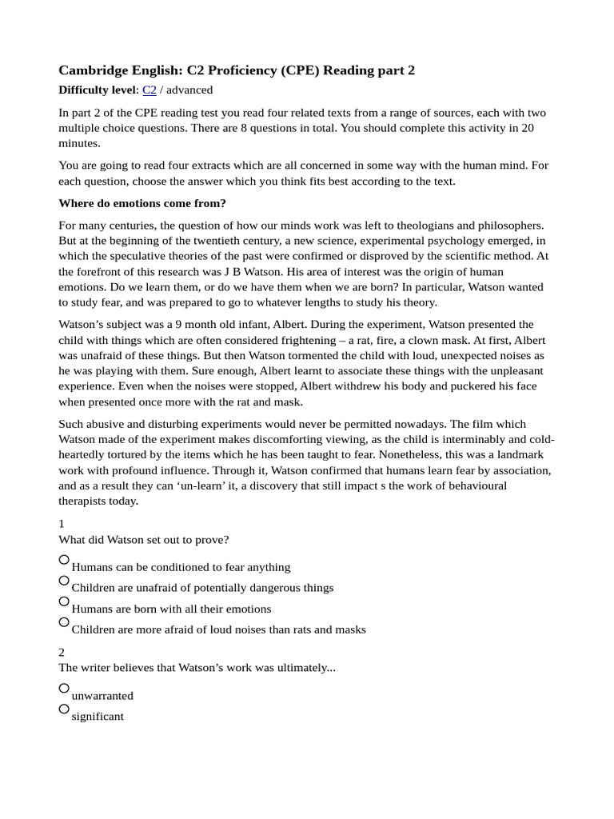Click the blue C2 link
point(149,90)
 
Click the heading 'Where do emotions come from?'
point(142,203)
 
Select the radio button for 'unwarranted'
point(64,688)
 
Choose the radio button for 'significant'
point(64,709)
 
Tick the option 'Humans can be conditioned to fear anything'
point(64,559)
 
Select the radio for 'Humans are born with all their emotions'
point(64,601)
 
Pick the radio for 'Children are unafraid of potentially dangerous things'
point(64,580)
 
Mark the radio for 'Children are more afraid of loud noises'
point(64,621)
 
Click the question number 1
point(62,523)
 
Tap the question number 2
point(62,653)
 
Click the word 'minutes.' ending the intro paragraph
point(80,143)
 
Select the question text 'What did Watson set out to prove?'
point(144,539)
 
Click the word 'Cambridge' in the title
point(92,70)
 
